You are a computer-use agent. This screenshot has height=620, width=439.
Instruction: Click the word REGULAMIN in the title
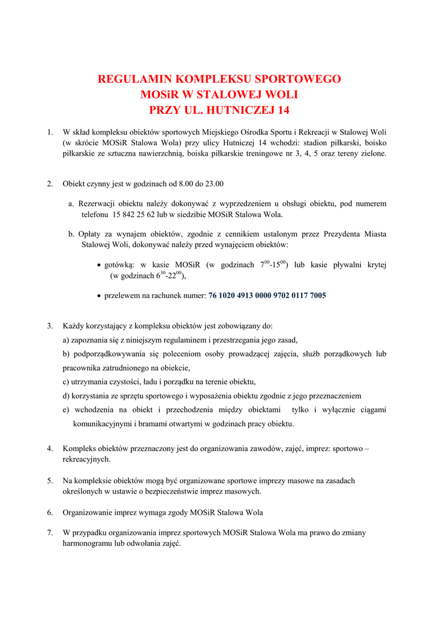tap(134, 79)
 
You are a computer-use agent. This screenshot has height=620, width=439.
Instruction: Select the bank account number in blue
tap(267, 295)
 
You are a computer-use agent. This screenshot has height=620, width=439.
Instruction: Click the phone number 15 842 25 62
tap(135, 214)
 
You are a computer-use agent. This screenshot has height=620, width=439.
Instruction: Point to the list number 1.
tap(50, 131)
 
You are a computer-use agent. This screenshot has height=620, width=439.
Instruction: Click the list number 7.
tap(50, 533)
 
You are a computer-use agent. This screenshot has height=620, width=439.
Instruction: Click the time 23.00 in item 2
tap(214, 183)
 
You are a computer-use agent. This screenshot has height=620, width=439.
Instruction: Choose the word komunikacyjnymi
tap(102, 424)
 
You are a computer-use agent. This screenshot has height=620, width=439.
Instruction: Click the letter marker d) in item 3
tap(66, 396)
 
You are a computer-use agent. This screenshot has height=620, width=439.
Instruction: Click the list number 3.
tap(50, 326)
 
